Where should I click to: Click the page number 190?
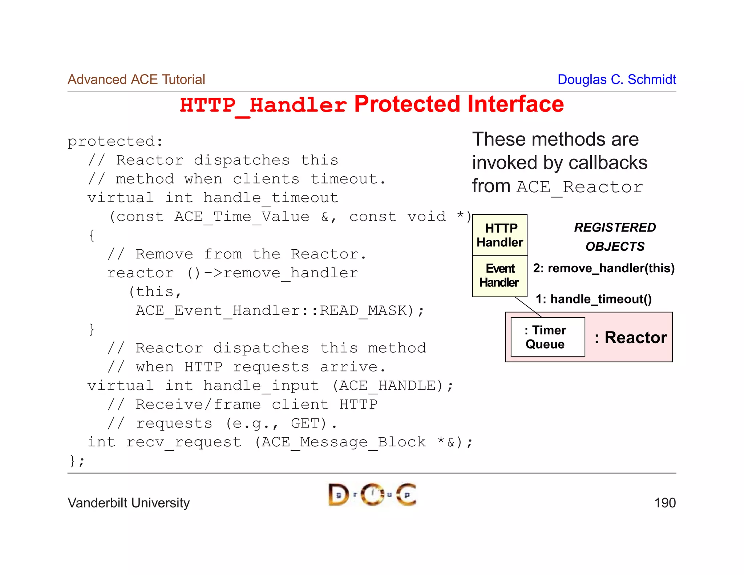[664, 503]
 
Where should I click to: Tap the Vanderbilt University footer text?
[129, 503]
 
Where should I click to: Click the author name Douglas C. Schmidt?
[616, 79]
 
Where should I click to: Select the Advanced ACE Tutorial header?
[136, 79]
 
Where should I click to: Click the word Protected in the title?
[407, 104]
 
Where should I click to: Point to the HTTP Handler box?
[500, 235]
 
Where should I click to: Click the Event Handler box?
[500, 276]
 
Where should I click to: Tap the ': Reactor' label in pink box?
[631, 337]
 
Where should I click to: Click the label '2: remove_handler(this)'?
[603, 268]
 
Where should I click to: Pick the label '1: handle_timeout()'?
[594, 299]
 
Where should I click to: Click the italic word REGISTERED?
[615, 228]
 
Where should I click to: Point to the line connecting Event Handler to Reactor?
[528, 307]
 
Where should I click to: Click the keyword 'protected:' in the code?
[115, 141]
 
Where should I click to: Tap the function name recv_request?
[183, 442]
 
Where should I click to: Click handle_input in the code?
[261, 386]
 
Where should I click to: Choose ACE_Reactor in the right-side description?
[579, 187]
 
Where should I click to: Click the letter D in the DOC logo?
[338, 495]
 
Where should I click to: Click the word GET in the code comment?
[305, 423]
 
